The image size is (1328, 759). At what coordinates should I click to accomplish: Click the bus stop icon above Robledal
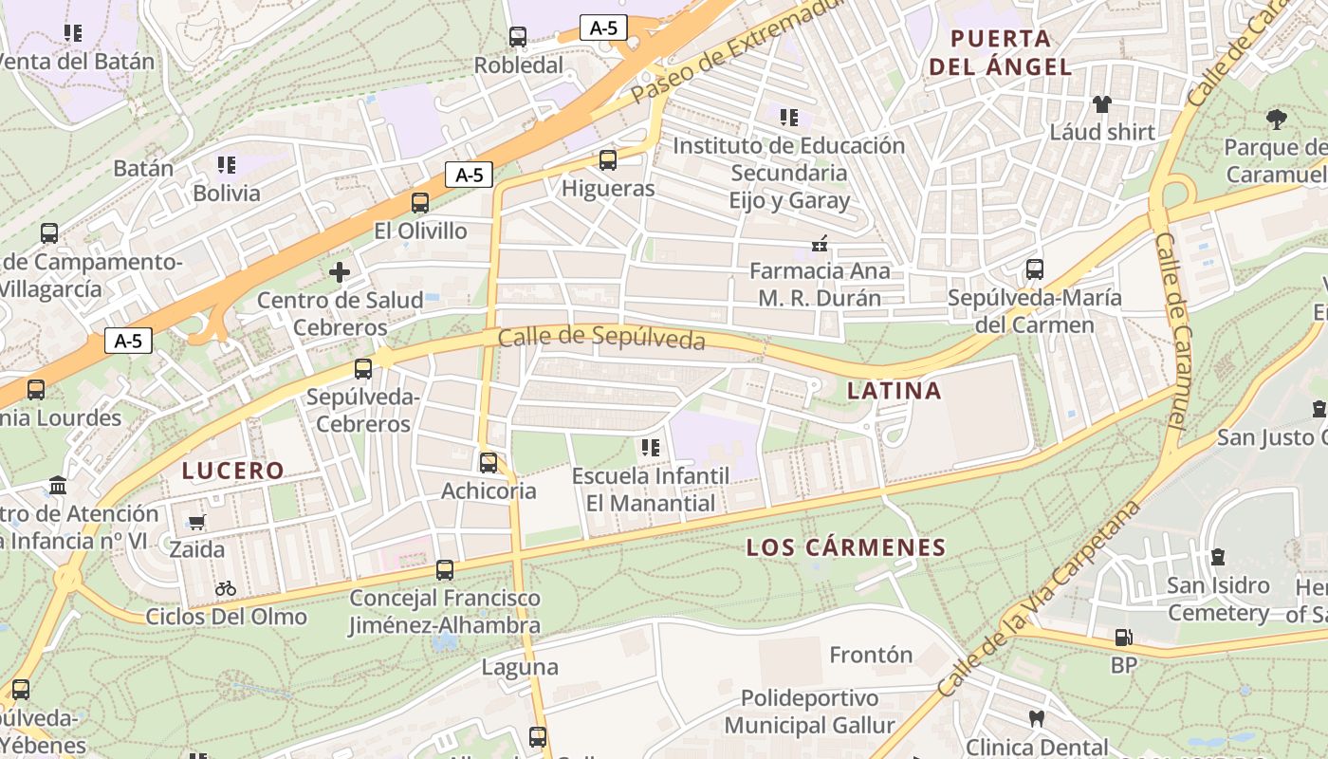517,37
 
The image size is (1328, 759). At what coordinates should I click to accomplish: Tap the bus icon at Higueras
608,159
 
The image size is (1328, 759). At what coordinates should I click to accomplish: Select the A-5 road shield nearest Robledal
603,28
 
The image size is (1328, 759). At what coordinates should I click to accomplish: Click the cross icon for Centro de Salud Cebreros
339,273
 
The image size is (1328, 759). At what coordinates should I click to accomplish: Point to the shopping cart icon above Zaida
196,522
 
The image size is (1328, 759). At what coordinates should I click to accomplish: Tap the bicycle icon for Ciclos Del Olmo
225,588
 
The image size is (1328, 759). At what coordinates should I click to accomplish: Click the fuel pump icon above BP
1123,638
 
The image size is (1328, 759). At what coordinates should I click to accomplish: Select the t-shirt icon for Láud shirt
1101,103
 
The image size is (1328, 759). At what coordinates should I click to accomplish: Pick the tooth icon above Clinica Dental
1036,719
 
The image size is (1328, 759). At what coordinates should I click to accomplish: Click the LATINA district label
894,391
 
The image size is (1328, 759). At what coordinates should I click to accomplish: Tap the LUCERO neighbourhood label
233,471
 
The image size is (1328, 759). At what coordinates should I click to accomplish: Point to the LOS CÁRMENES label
846,547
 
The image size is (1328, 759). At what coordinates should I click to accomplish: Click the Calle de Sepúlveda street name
601,338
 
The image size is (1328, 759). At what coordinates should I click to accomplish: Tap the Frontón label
871,655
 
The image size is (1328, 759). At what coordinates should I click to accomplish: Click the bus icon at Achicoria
489,462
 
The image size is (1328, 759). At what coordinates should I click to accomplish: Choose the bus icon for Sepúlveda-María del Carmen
1034,269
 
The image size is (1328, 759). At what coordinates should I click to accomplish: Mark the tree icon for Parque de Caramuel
1277,119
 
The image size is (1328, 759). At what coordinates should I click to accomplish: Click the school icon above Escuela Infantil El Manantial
650,447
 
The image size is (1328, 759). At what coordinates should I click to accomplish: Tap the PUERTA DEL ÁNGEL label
1001,53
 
